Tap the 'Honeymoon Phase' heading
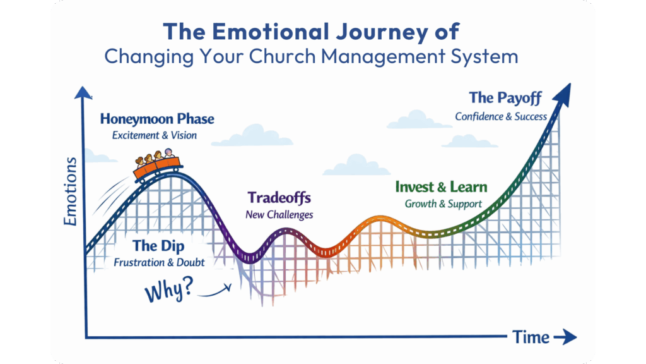click(x=157, y=119)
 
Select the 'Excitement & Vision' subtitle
click(x=155, y=135)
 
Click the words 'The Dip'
click(x=158, y=246)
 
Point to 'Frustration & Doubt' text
click(x=159, y=262)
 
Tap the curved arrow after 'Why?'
click(x=215, y=291)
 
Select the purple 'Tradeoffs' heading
click(x=279, y=198)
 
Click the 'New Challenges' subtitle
click(x=279, y=215)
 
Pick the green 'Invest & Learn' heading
click(x=441, y=187)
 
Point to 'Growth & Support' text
click(x=443, y=204)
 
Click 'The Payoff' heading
click(x=505, y=98)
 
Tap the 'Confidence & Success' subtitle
click(x=501, y=117)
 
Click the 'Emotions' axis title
click(x=71, y=191)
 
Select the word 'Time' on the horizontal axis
click(x=531, y=337)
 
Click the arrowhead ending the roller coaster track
click(x=563, y=95)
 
